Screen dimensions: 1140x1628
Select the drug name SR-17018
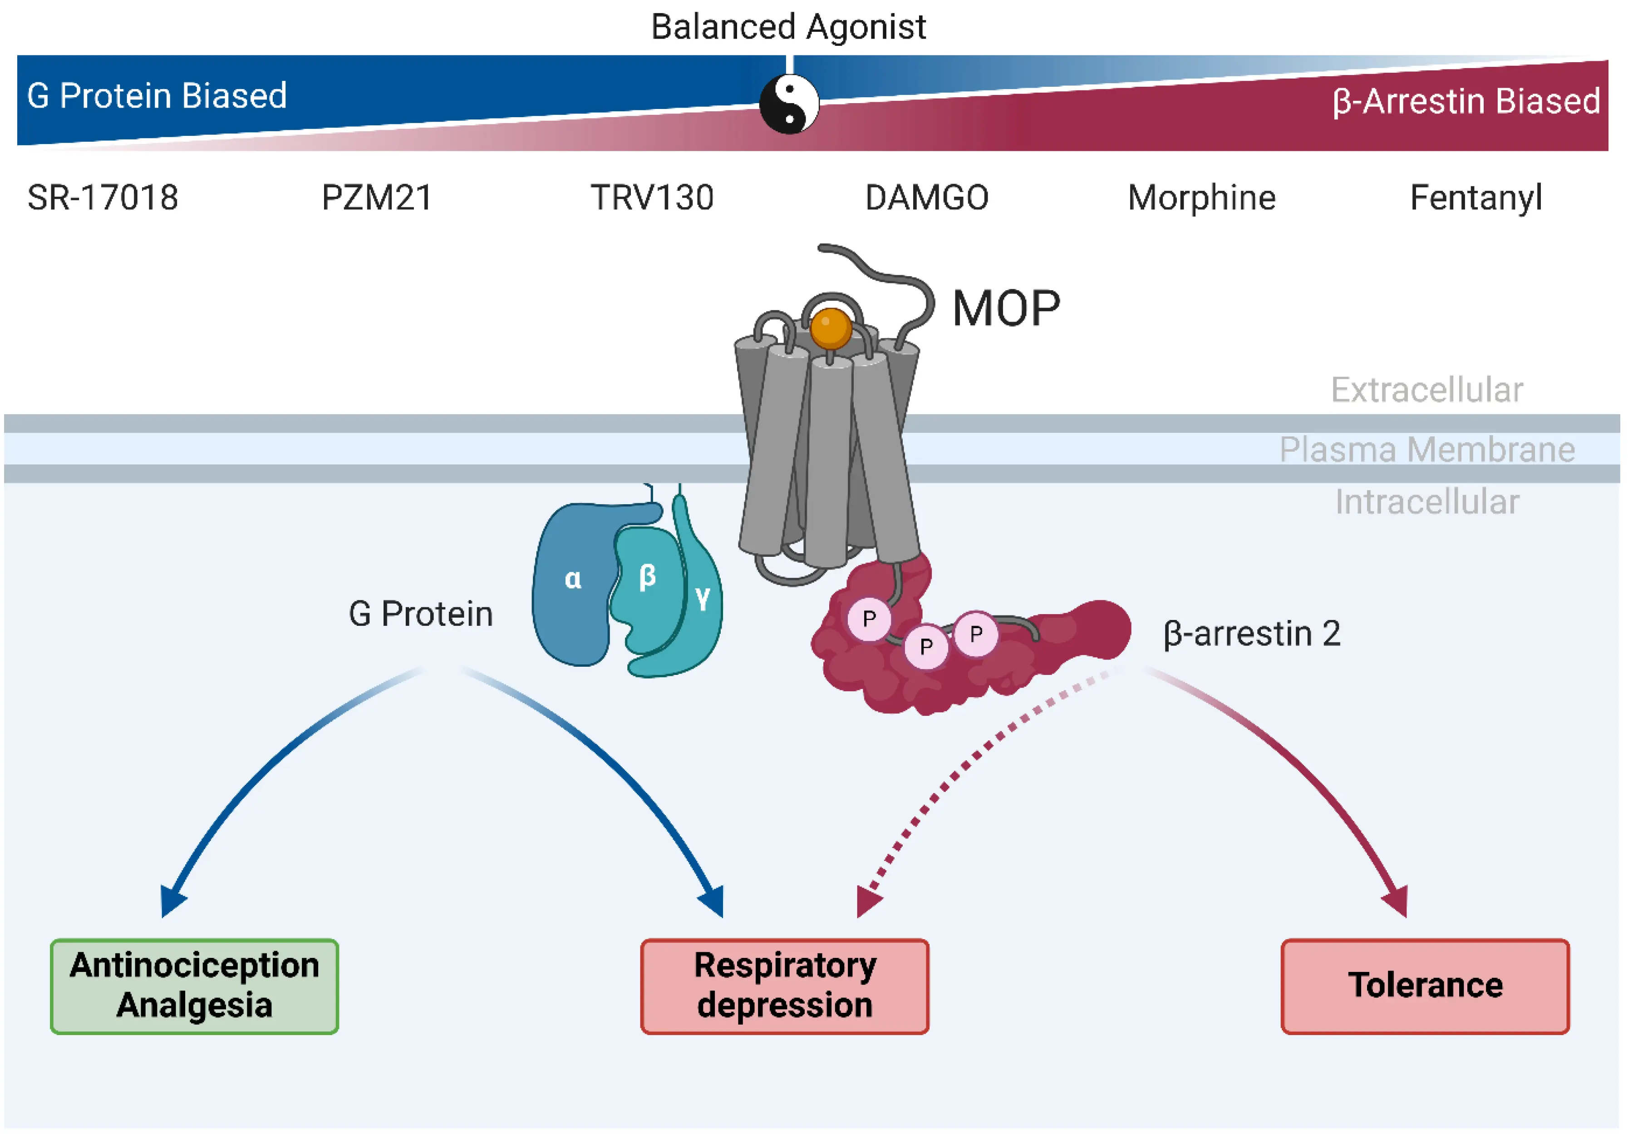coord(103,198)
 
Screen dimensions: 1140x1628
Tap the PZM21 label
coord(377,198)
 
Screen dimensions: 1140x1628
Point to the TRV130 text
coord(652,198)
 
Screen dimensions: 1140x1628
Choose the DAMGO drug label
coord(927,198)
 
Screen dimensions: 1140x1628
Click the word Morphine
coord(1201,198)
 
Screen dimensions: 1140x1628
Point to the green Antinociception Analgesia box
coord(194,986)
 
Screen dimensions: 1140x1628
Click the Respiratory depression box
coord(784,986)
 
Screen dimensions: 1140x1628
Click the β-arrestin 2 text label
coord(1251,634)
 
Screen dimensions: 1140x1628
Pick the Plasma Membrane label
coord(1426,450)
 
